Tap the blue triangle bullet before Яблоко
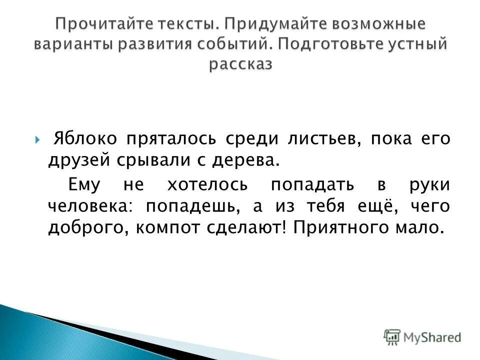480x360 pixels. tap(39, 139)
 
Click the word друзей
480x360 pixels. tap(74, 160)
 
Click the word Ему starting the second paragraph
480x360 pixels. tap(84, 184)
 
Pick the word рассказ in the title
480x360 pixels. tap(241, 64)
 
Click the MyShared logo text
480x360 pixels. tap(433, 337)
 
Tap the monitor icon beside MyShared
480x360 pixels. tap(392, 336)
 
